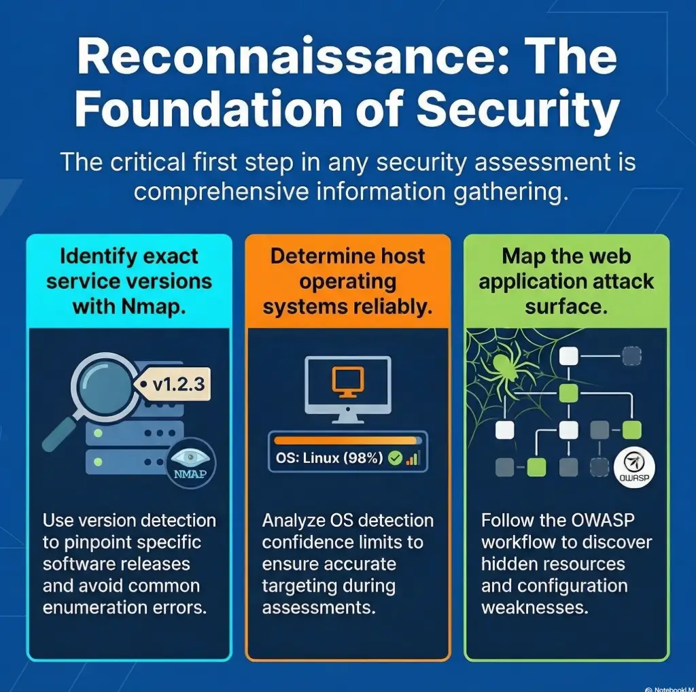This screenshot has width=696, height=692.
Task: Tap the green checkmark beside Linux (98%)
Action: (x=394, y=458)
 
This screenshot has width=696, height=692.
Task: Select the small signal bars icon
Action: (x=412, y=459)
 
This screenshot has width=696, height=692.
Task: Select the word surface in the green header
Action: (x=566, y=306)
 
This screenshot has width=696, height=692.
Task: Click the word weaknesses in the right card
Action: (x=534, y=607)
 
